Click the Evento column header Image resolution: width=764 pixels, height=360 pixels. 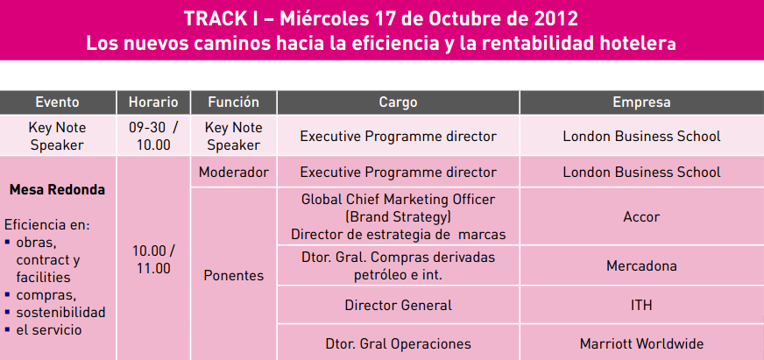58,102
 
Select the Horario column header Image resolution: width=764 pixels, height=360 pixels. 153,102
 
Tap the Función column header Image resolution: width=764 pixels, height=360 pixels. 233,102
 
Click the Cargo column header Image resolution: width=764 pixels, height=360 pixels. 398,102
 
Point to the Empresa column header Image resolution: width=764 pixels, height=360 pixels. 641,102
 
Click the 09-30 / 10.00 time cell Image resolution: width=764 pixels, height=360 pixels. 153,136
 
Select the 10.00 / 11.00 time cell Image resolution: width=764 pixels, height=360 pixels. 153,258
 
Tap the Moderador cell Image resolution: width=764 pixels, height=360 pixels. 233,172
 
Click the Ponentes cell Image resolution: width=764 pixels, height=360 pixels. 233,276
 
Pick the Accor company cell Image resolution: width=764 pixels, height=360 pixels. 641,216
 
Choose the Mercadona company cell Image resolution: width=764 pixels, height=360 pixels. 641,265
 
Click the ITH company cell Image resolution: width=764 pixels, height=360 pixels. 641,305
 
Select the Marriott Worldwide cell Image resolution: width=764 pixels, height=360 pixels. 641,343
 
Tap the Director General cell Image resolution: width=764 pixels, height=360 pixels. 398,305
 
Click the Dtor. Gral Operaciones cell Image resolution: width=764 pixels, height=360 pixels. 398,343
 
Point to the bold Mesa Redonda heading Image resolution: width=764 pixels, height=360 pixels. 57,189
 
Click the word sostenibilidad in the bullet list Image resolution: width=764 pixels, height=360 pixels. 60,312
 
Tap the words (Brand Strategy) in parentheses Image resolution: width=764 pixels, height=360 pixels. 397,216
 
